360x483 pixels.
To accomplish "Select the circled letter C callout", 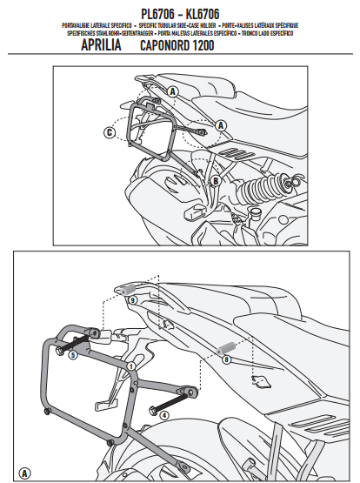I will click(109, 132).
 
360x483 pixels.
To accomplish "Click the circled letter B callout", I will click(214, 180).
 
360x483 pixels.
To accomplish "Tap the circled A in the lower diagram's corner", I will click(23, 473).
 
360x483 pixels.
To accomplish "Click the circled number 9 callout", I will click(132, 299).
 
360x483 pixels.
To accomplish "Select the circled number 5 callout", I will click(72, 355).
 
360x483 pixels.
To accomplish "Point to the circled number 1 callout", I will click(130, 367).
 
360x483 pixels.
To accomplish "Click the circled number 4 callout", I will click(163, 416).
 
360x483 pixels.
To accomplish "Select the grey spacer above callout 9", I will click(128, 286).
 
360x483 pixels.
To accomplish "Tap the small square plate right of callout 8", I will click(258, 379).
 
